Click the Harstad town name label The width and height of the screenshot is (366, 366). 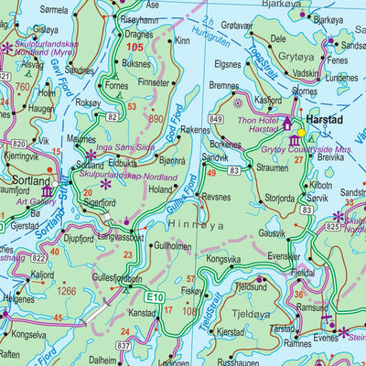pyautogui.click(x=326, y=119)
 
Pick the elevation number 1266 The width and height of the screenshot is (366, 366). pyautogui.click(x=65, y=291)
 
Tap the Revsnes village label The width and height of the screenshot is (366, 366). pyautogui.click(x=216, y=196)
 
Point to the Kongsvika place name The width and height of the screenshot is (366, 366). pyautogui.click(x=223, y=259)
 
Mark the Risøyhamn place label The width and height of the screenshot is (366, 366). pyautogui.click(x=139, y=18)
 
